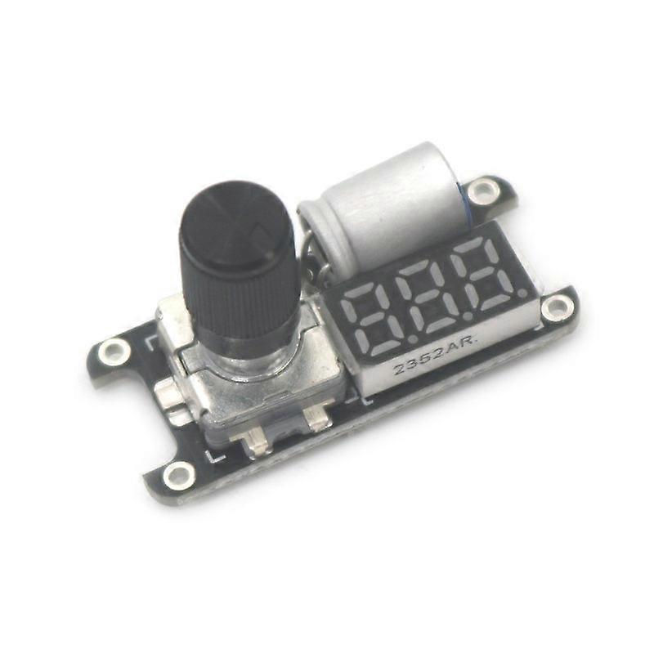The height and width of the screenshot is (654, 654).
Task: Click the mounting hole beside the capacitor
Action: point(487,190)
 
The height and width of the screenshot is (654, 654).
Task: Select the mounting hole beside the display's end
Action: point(558,308)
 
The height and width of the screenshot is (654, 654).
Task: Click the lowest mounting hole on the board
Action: point(178,475)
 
